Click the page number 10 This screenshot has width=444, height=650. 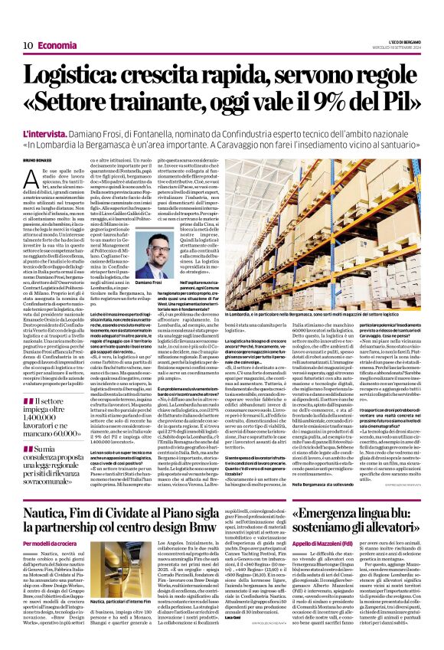pyautogui.click(x=27, y=45)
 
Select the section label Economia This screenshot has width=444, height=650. pyautogui.click(x=58, y=45)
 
